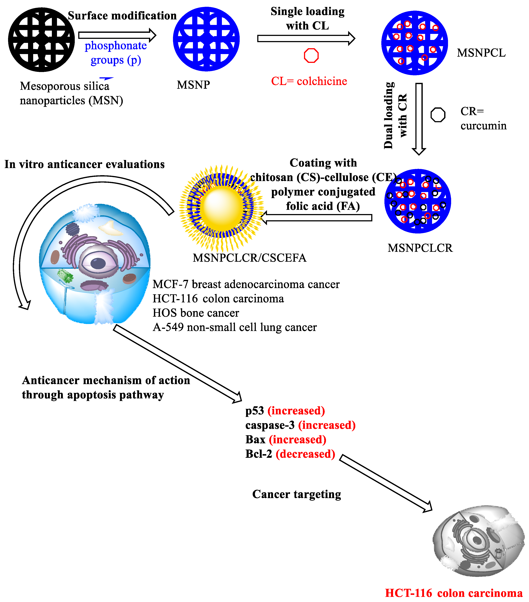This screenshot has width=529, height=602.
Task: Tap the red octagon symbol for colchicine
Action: [311, 55]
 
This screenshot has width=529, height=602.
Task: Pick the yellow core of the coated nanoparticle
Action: [222, 207]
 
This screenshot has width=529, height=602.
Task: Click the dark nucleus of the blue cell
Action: [98, 263]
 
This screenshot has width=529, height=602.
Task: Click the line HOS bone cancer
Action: [196, 313]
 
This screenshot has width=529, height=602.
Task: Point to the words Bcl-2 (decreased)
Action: [290, 454]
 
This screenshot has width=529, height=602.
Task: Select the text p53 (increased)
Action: [285, 410]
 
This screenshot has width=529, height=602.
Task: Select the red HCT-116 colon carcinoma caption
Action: [454, 593]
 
